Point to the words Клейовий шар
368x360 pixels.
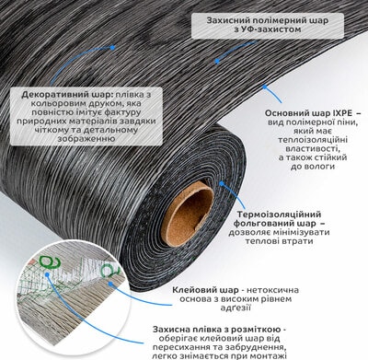coord(205,290)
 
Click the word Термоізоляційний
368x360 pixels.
coord(279,215)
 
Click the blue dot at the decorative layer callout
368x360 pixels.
coord(112,48)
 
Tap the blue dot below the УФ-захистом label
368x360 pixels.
coord(217,61)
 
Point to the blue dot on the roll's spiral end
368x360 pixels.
coord(222,183)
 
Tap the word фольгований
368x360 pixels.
coord(265,223)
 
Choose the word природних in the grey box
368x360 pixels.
coord(41,121)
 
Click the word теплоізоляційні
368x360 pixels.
coord(313,140)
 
